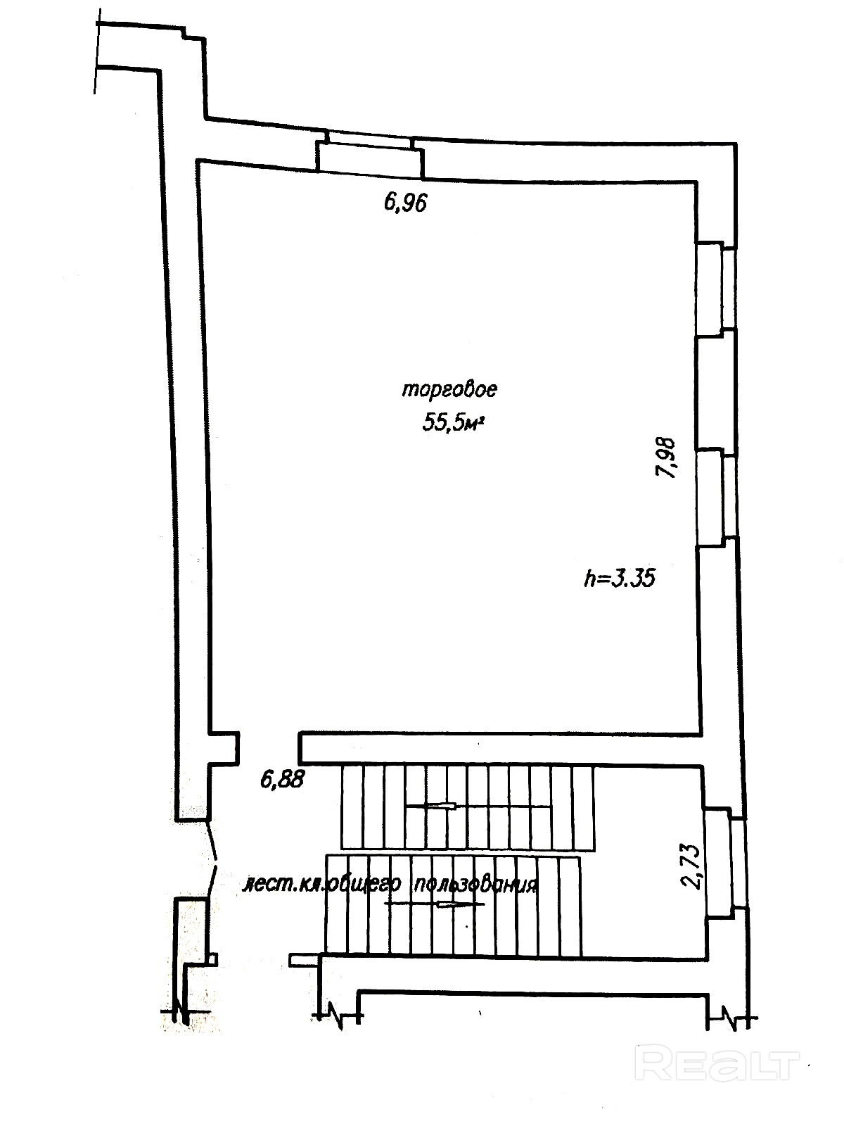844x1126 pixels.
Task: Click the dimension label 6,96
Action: click(x=405, y=203)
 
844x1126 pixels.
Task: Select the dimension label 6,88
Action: click(x=282, y=780)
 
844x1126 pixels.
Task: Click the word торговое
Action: click(x=449, y=390)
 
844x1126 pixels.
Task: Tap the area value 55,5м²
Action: click(x=454, y=423)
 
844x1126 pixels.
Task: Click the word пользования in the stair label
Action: click(x=475, y=899)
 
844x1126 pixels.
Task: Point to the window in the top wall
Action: click(x=370, y=145)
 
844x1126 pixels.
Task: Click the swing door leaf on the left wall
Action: click(x=212, y=866)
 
